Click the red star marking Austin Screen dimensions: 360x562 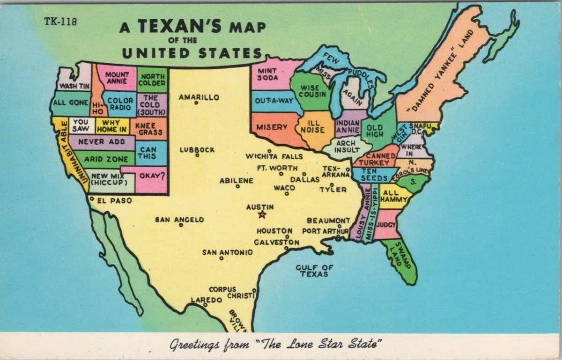click(262, 214)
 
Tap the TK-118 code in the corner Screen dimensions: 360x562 click(60, 21)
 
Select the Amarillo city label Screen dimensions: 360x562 click(199, 97)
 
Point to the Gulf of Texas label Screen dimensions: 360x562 click(314, 271)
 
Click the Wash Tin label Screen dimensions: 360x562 click(74, 86)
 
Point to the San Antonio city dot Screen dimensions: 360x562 click(221, 258)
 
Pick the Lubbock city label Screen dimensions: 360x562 click(197, 150)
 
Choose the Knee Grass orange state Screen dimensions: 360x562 click(148, 129)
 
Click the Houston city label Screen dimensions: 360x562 click(274, 231)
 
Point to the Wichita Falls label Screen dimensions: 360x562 click(274, 156)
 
